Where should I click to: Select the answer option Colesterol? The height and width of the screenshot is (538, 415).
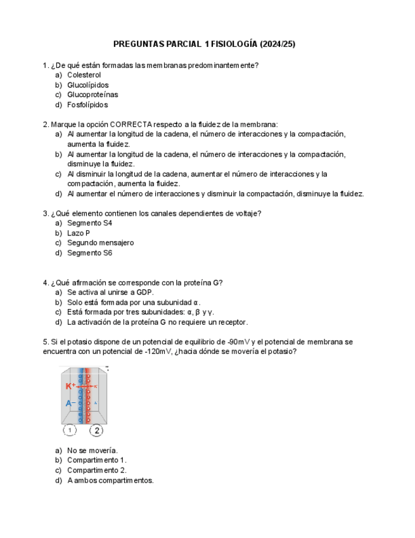point(84,75)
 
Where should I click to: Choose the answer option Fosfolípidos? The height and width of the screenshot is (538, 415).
point(87,105)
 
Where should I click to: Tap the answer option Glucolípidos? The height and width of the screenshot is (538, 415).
point(87,85)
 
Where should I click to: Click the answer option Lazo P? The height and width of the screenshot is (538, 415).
point(79,233)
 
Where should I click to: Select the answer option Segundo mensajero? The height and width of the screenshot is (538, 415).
point(100,242)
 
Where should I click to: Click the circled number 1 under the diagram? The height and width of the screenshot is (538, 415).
point(70,430)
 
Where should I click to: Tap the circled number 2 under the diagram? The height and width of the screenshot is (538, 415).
point(96,430)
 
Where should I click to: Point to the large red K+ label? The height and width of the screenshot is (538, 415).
point(70,386)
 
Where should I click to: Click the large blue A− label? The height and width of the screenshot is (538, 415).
point(70,403)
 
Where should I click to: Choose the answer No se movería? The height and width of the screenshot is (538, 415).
point(92,450)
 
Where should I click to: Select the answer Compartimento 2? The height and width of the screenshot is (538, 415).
point(96,470)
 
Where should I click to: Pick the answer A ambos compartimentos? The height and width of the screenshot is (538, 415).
point(110,480)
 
